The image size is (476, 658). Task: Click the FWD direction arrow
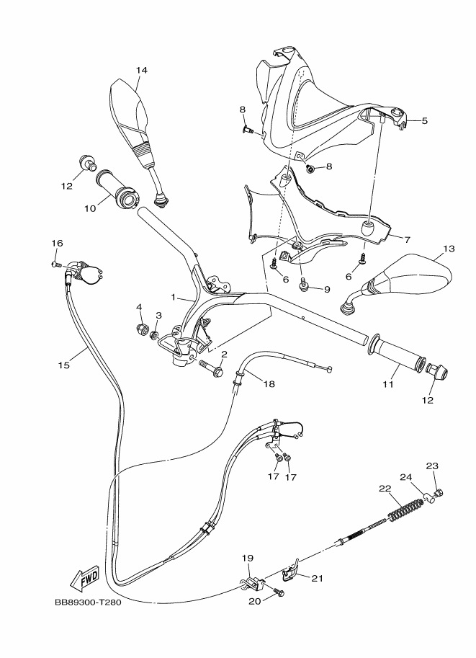[86, 577]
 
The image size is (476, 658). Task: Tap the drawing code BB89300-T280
[87, 603]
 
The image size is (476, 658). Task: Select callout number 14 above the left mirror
[141, 71]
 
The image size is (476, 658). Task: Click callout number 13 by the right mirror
[449, 249]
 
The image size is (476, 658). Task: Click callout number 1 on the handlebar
[174, 297]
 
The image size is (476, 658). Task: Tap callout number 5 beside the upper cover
[424, 121]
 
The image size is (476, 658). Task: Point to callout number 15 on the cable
[64, 365]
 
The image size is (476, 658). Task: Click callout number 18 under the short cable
[269, 384]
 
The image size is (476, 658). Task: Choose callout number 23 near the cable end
[432, 466]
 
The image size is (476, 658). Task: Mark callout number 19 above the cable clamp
[247, 559]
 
